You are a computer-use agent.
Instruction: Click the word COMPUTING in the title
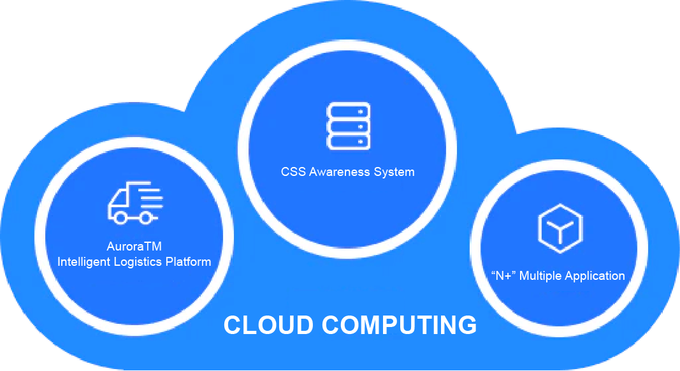point(399,325)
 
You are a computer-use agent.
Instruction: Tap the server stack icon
point(348,126)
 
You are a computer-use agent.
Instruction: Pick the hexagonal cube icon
point(560,226)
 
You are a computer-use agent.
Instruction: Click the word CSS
point(293,171)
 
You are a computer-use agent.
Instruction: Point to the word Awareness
point(343,171)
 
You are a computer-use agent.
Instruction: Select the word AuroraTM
point(134,246)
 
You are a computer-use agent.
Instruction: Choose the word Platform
point(189,261)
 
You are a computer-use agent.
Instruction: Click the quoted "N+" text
point(504,275)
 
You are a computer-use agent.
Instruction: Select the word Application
point(595,275)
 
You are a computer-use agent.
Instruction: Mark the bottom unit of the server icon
point(348,142)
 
